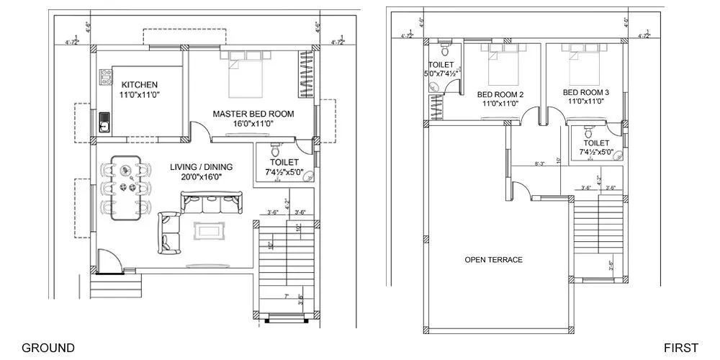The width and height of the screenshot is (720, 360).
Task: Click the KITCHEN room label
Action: point(139,85)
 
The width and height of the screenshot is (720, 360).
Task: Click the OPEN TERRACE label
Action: point(493,260)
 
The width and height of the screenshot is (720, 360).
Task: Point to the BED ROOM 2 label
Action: point(500,94)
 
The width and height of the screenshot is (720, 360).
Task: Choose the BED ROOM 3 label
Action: point(586,92)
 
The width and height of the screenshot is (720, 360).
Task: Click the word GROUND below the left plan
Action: point(48,348)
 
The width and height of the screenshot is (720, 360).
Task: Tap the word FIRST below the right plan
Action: point(681,348)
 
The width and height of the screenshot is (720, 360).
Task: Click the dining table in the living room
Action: point(128,186)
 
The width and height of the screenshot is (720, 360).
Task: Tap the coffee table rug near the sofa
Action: point(208,231)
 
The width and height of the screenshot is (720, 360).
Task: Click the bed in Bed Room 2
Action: point(502,63)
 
